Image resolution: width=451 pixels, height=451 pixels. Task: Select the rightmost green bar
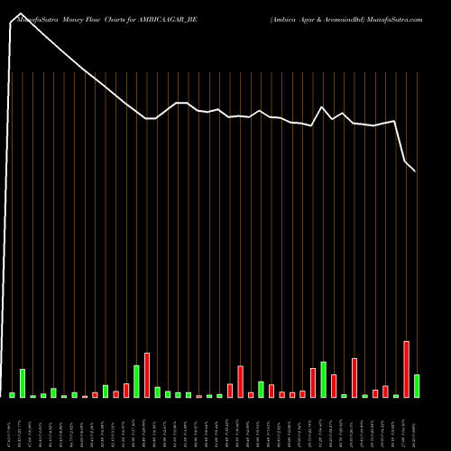pos(416,386)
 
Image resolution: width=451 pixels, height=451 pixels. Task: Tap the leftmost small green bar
pos(12,395)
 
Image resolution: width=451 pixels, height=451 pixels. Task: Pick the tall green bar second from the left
pos(23,383)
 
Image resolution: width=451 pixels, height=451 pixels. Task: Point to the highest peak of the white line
pos(20,14)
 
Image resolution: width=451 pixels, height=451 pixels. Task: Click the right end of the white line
pos(416,171)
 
